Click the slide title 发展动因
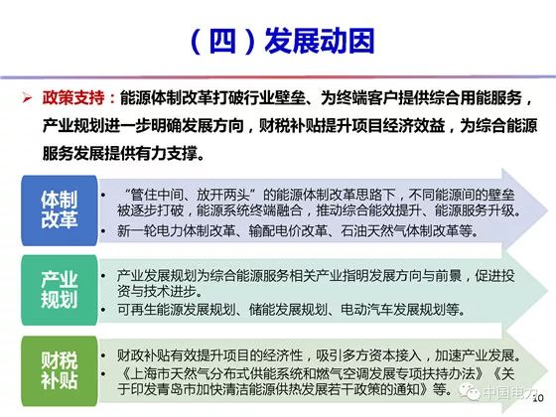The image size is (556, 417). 320,41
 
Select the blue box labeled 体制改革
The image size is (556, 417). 60,210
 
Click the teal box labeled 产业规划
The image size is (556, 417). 60,290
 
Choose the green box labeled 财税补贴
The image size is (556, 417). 60,370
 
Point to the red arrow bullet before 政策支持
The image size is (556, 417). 27,98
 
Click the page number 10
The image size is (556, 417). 538,398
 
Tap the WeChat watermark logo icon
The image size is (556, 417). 469,392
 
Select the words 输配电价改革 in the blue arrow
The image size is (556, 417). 288,231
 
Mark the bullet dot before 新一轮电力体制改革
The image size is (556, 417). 103,231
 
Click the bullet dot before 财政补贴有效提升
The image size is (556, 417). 103,355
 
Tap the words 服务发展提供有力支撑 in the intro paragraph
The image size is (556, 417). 119,154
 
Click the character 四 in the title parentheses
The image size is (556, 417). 222,41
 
